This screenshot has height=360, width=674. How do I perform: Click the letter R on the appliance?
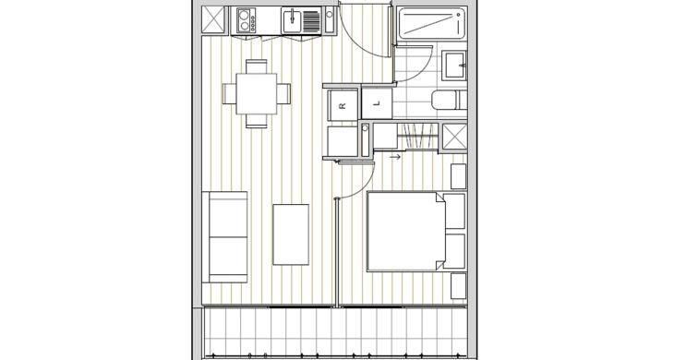coord(343,105)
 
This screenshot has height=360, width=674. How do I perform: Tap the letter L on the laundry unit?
coord(377,103)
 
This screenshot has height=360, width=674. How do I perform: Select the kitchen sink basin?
coord(292,20)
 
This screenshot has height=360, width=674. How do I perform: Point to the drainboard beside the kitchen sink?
coord(312,21)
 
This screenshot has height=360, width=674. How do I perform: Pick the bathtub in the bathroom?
coord(430,24)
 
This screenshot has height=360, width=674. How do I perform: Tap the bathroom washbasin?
coord(455,66)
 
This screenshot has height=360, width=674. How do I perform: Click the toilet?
coord(450,101)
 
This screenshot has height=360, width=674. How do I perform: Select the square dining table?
coord(256,93)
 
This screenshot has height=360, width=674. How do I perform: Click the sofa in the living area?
coord(224,237)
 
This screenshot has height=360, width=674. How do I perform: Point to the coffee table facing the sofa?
coord(291,234)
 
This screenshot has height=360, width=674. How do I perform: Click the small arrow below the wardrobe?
coord(395,157)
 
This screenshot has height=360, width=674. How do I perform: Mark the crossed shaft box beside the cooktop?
coord(213,19)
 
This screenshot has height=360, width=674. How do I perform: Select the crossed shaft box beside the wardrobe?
coord(455,137)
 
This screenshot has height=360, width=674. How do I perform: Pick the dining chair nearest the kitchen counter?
coord(257,66)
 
